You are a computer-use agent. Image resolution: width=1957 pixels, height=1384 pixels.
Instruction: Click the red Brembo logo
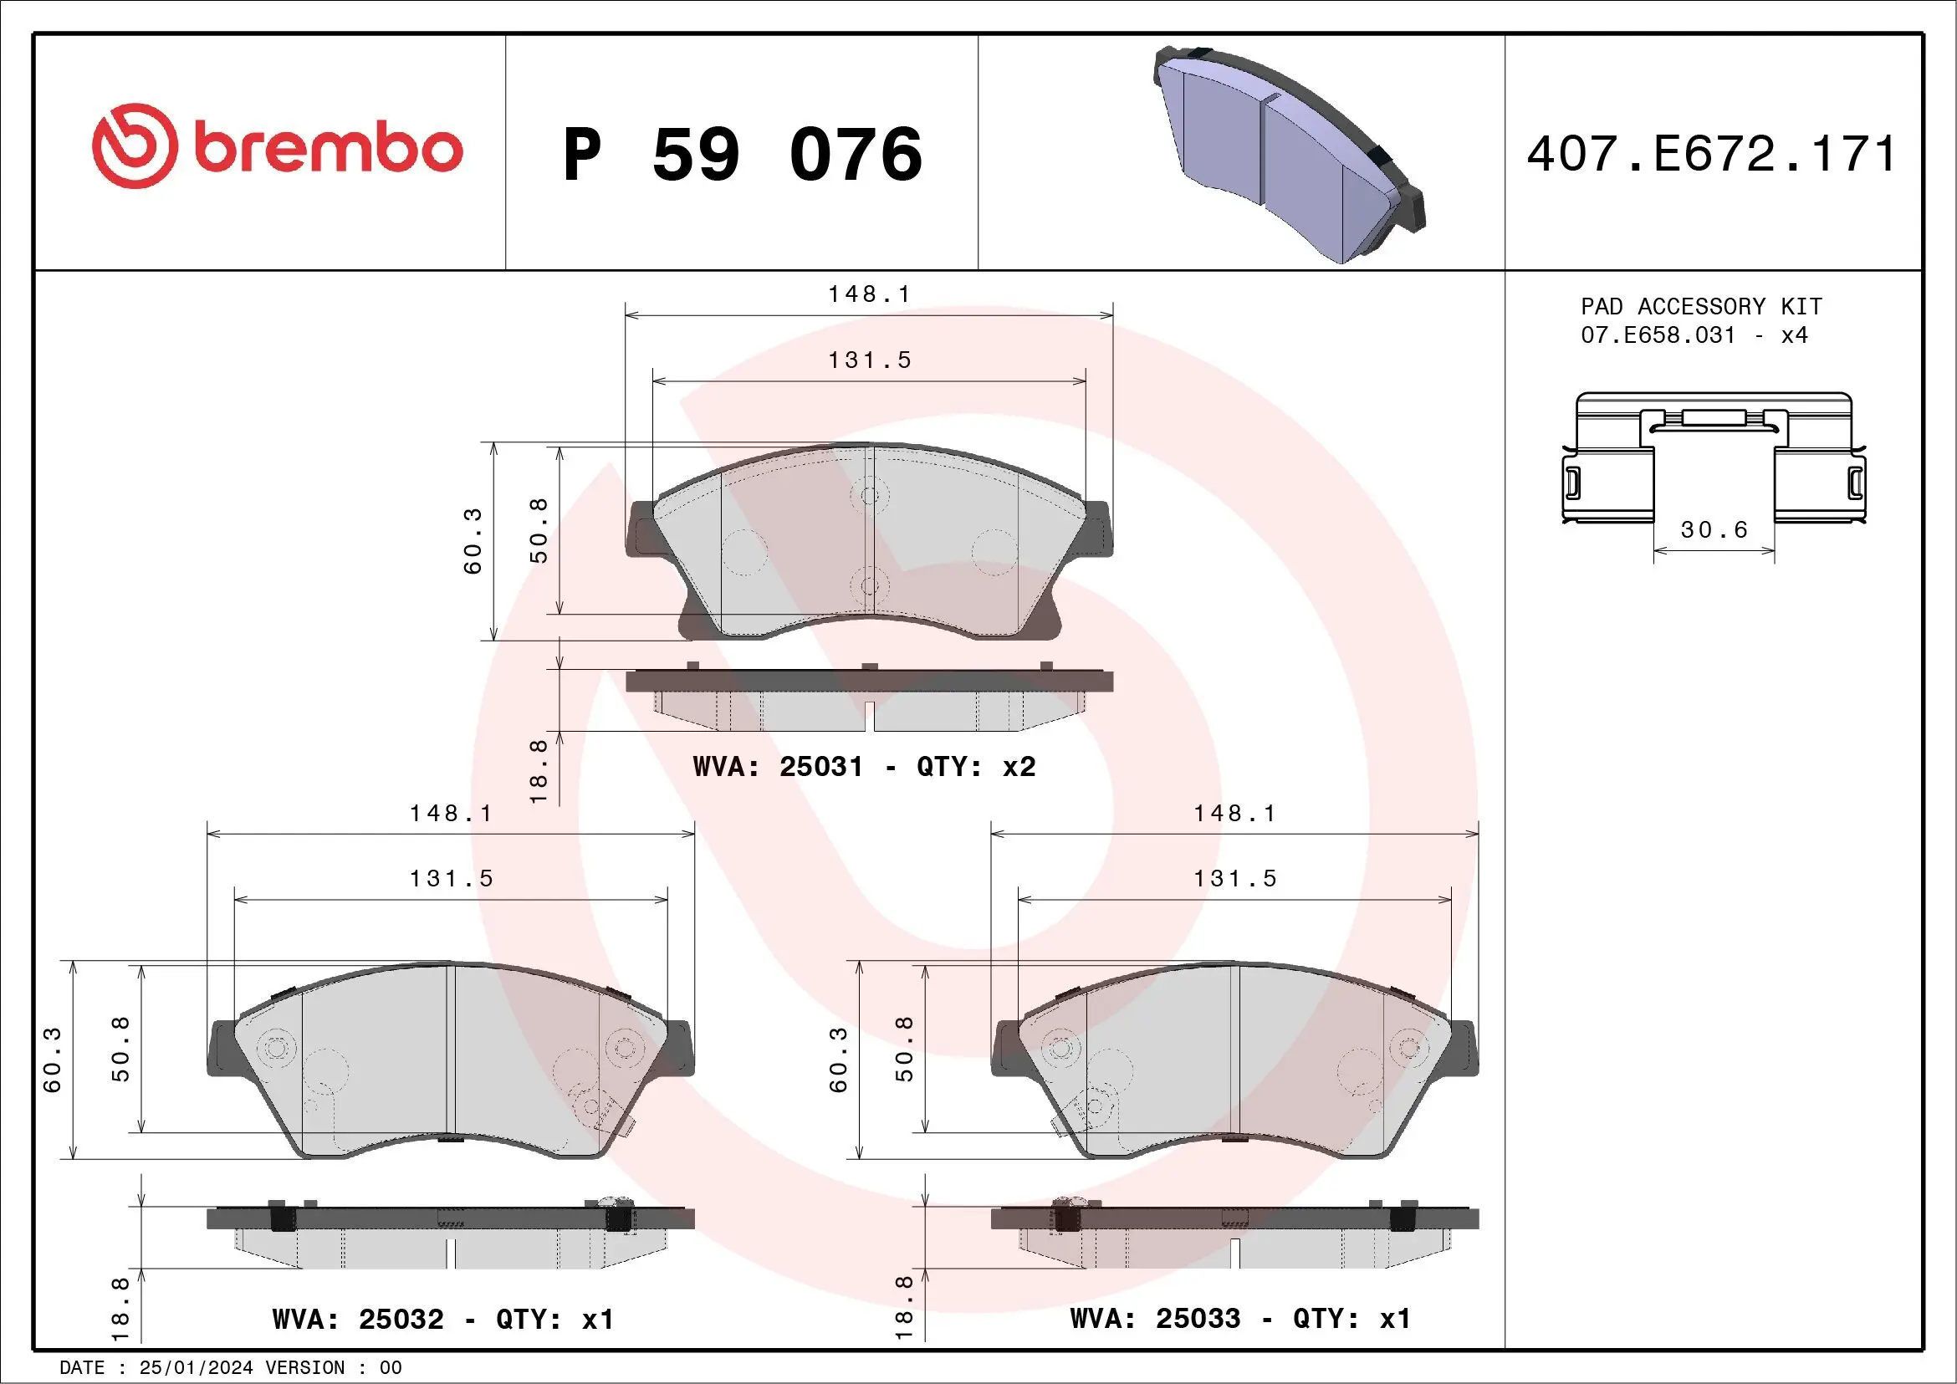(277, 146)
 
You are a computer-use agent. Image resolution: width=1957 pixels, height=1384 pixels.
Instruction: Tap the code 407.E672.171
(1711, 154)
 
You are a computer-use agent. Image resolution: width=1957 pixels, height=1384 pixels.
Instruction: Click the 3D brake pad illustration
(1287, 153)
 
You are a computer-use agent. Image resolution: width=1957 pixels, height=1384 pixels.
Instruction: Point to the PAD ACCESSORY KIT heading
(1700, 306)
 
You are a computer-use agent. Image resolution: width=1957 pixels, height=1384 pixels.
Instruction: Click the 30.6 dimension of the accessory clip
(1714, 530)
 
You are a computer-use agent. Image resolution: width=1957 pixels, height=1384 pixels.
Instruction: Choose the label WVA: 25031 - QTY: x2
(863, 766)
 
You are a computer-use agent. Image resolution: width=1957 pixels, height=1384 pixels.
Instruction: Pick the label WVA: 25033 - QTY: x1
(1240, 1319)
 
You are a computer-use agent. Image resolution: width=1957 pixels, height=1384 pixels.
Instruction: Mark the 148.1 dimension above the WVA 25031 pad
(869, 294)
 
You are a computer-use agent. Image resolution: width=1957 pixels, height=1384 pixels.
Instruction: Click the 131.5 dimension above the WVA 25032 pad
(451, 879)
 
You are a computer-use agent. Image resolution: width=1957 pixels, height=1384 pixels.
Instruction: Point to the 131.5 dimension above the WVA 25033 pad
(1234, 879)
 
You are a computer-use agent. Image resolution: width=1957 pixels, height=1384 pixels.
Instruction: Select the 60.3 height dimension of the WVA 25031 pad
(473, 540)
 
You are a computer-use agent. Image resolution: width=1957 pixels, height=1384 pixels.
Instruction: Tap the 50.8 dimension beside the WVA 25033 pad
(903, 1048)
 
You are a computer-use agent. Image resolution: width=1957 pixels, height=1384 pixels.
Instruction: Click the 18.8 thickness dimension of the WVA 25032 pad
(120, 1304)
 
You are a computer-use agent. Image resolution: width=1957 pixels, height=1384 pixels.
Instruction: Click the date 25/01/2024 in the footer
(196, 1368)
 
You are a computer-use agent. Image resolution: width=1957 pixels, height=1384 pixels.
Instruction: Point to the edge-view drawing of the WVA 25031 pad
(869, 699)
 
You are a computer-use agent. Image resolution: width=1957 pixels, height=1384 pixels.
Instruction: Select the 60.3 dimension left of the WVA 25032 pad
(53, 1060)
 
